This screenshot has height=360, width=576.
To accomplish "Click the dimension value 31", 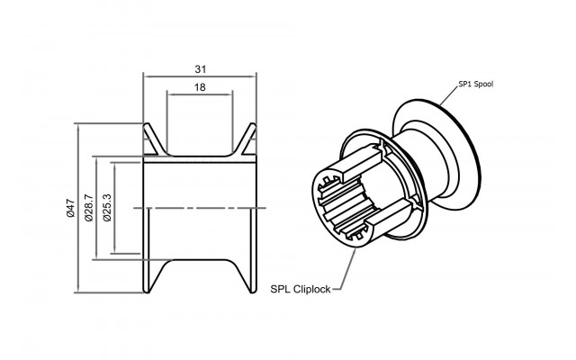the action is point(201,69).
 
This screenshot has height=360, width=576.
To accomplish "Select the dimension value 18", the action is point(200,87).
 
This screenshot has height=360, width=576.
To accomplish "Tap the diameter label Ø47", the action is point(71,208).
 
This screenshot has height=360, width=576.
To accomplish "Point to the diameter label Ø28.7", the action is point(90,208).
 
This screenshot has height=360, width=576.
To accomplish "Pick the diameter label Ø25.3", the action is point(107,208).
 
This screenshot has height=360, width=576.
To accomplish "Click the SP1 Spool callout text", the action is point(476,84).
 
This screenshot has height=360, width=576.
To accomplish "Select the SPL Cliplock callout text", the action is point(301,290).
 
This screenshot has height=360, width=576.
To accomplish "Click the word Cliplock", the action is point(312,290).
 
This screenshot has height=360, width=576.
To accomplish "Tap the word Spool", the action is point(484,84).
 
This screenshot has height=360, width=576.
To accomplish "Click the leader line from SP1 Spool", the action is point(448,97).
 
